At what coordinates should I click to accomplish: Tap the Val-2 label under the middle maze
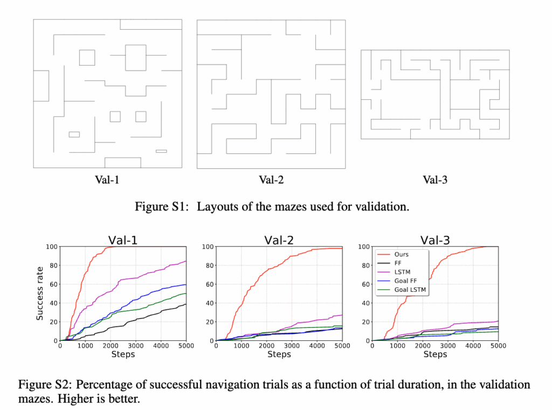[271, 180]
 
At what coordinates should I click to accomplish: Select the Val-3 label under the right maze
[434, 180]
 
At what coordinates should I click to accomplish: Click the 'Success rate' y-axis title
[40, 293]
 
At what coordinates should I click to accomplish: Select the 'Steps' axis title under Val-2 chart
[279, 354]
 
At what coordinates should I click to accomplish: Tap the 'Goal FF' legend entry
[406, 281]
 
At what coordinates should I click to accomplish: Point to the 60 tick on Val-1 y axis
[52, 284]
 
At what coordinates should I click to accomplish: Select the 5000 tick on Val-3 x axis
[498, 346]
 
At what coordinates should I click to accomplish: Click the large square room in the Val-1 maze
[135, 58]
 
